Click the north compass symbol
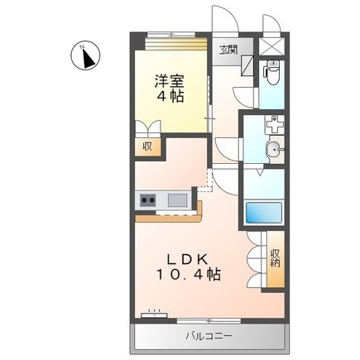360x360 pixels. pos(84,55)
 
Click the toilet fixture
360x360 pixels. pos(270,73)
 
